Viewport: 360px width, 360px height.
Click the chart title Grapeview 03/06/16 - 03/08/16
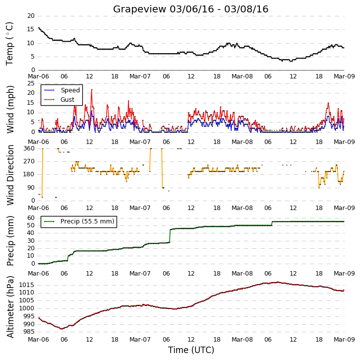pos(190,9)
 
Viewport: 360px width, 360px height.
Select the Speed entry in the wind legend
pos(62,90)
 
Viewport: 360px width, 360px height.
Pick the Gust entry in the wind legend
pos(60,99)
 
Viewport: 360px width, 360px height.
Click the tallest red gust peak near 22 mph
pos(92,90)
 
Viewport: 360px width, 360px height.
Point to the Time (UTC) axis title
pos(191,350)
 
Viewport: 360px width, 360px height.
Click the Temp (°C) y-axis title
pos(9,44)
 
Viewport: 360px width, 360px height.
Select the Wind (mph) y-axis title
pos(10,109)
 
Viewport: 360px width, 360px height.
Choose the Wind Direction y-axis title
pos(10,175)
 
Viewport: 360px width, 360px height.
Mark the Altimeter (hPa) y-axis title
pos(10,307)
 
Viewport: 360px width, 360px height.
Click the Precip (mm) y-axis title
pos(10,241)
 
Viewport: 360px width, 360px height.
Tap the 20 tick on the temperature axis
pos(31,16)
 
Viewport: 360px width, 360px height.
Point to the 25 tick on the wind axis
pos(31,83)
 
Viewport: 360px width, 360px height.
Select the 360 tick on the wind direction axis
pos(29,148)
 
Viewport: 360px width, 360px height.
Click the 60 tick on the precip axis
pos(31,217)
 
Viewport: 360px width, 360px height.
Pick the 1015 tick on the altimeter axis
pos(27,285)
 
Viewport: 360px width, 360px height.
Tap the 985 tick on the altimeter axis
pos(29,332)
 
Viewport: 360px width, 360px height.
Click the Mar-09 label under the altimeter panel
pos(344,340)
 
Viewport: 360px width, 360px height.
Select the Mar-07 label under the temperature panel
pos(140,76)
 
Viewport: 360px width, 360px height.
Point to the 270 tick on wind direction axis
pos(29,161)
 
